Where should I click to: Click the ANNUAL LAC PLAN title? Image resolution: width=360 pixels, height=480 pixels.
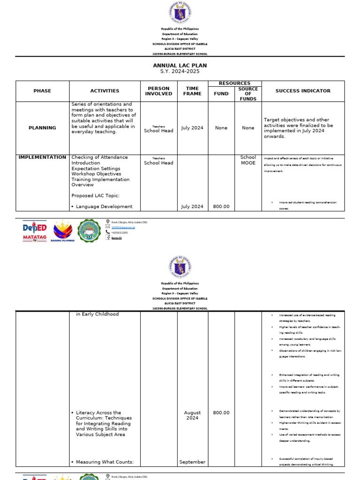point(180,66)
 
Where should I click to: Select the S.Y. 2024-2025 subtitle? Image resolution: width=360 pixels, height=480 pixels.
point(180,71)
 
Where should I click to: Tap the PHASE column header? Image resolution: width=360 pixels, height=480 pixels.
point(42,91)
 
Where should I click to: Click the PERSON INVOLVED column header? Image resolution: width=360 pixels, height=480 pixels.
point(158,91)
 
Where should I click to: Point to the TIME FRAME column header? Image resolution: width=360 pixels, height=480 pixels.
point(192,91)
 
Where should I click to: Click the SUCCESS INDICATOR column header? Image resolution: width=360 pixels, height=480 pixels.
point(303,91)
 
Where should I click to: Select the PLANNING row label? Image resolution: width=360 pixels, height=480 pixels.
point(42,127)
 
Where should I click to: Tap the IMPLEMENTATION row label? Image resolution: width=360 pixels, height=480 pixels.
point(42,157)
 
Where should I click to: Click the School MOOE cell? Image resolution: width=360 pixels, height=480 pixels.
point(248,160)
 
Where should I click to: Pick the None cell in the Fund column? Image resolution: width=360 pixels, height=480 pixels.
point(221,127)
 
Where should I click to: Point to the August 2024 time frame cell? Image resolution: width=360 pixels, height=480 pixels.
point(192,415)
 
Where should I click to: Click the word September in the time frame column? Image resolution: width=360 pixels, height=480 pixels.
point(192,462)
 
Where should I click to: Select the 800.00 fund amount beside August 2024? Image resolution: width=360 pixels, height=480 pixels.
point(221,412)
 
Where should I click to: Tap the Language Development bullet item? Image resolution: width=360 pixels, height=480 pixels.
point(104,206)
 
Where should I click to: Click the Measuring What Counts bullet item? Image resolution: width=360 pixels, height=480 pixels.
point(105,462)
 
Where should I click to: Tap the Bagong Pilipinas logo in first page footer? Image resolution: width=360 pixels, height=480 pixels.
point(62,232)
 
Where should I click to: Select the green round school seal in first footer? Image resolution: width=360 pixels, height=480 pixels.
point(89,231)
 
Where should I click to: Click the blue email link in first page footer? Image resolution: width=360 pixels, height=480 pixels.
point(120,227)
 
